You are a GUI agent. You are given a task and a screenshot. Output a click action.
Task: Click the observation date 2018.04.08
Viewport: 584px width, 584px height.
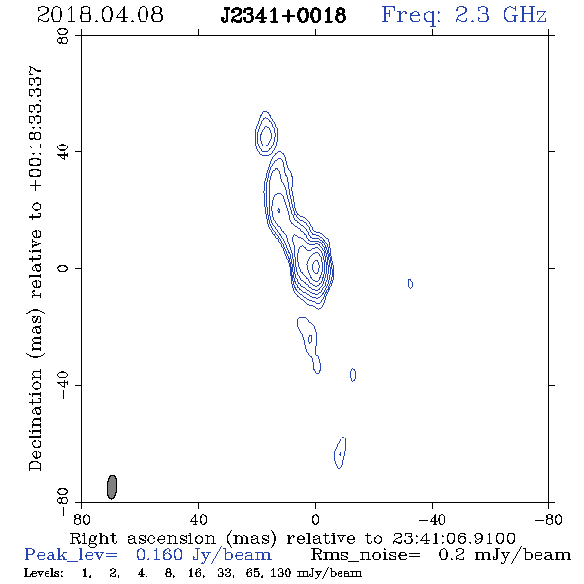[100, 15]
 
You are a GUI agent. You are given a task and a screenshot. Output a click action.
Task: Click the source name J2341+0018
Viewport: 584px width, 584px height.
[283, 16]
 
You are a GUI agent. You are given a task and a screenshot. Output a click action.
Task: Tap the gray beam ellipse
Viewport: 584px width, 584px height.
[112, 487]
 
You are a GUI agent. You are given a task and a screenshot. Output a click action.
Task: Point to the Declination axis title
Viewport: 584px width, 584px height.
[35, 268]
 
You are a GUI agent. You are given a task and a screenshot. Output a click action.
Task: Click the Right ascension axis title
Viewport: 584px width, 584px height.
[292, 538]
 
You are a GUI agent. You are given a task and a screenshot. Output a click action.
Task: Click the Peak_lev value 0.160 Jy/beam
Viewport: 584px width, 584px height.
[204, 555]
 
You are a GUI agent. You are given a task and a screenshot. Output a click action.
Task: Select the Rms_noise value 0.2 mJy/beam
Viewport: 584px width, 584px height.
[505, 555]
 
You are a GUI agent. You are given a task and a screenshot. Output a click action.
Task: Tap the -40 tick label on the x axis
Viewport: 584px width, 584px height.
[432, 519]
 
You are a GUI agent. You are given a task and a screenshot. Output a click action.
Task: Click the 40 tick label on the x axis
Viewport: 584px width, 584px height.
[198, 519]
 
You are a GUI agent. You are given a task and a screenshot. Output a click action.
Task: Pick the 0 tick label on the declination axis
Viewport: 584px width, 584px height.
[63, 268]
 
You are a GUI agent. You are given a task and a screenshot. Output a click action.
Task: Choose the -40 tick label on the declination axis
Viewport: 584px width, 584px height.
[63, 385]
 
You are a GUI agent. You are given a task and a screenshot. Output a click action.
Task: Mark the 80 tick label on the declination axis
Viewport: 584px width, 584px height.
[63, 36]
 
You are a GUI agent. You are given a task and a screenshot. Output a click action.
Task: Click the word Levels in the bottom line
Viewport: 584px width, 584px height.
[44, 573]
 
